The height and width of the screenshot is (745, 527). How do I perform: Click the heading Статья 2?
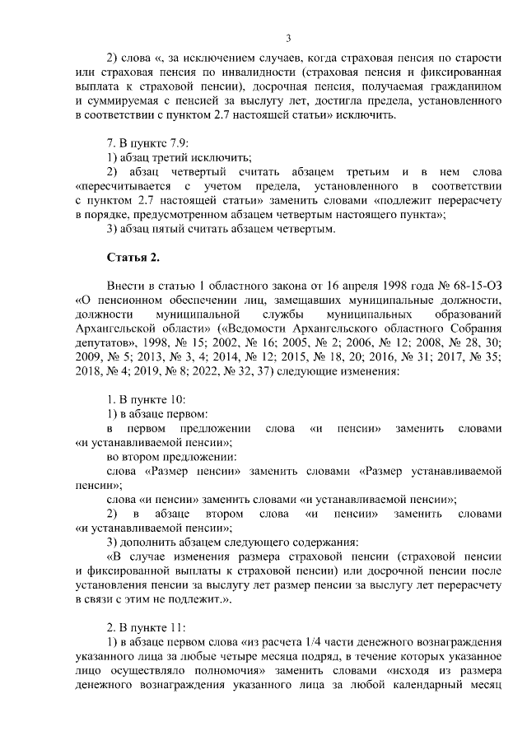tap(133, 258)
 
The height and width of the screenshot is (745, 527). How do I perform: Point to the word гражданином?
tap(461, 86)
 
